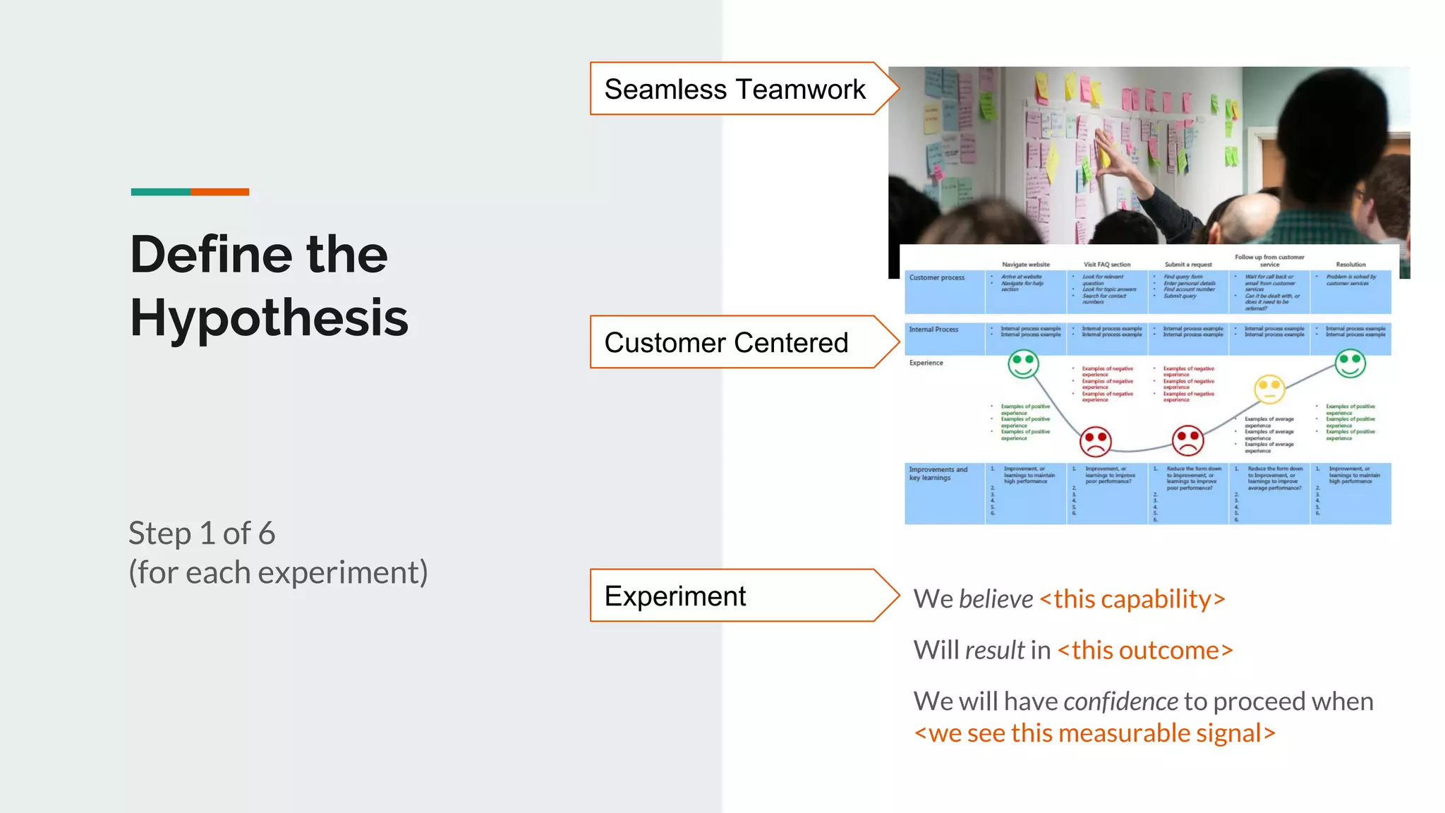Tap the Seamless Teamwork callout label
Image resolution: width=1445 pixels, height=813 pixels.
pyautogui.click(x=734, y=90)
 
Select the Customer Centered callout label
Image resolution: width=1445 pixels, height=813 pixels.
pyautogui.click(x=726, y=343)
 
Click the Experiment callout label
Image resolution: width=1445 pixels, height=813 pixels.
pyautogui.click(x=675, y=596)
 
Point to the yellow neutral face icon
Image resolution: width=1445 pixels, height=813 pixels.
pyautogui.click(x=1269, y=388)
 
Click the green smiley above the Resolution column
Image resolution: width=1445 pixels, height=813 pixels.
pyautogui.click(x=1350, y=363)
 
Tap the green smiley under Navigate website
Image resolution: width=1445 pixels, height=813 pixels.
pyautogui.click(x=1023, y=365)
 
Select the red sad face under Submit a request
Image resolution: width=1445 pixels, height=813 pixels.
pyautogui.click(x=1187, y=441)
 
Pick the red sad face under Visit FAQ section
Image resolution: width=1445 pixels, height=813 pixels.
pyautogui.click(x=1096, y=442)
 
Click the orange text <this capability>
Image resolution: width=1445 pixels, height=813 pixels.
pyautogui.click(x=1132, y=599)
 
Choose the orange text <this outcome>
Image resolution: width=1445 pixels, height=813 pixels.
pyautogui.click(x=1145, y=650)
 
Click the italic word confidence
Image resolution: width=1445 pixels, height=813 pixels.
pyautogui.click(x=1120, y=701)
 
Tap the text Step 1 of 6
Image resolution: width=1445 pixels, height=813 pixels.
pyautogui.click(x=202, y=534)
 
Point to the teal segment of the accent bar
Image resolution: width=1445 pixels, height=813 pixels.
pyautogui.click(x=160, y=192)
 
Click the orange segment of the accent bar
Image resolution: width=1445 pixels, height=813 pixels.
pyautogui.click(x=219, y=192)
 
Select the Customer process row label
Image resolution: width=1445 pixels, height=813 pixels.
pyautogui.click(x=936, y=278)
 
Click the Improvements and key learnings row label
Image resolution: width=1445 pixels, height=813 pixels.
pyautogui.click(x=938, y=474)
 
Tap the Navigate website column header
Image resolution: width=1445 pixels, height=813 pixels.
pyautogui.click(x=1026, y=265)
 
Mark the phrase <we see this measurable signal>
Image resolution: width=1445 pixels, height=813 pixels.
pyautogui.click(x=1094, y=734)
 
